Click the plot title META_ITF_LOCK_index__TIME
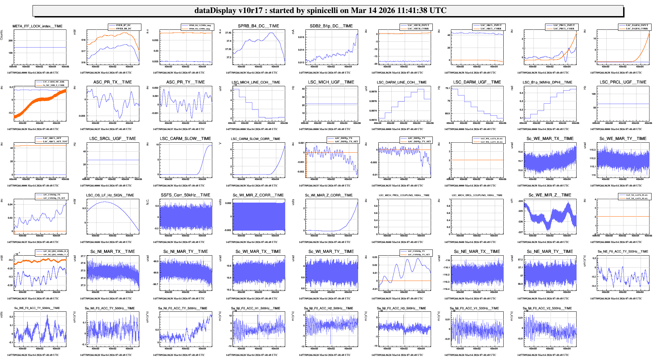click(37, 26)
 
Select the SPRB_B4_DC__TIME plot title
click(258, 26)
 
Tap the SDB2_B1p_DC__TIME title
click(331, 26)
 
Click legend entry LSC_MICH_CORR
click(418, 29)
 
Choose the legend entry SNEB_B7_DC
click(123, 25)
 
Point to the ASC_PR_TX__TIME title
click(113, 82)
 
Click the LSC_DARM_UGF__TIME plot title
click(477, 82)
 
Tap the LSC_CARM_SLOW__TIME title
click(185, 139)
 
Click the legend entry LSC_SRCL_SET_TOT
click(55, 142)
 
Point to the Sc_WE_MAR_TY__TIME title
click(623, 139)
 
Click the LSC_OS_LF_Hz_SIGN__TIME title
click(110, 195)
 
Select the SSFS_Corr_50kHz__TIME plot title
click(185, 195)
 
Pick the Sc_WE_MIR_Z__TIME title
click(550, 195)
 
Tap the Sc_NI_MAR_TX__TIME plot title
click(113, 252)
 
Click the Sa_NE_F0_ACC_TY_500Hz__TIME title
click(623, 252)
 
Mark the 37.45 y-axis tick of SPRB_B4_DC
click(228, 33)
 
